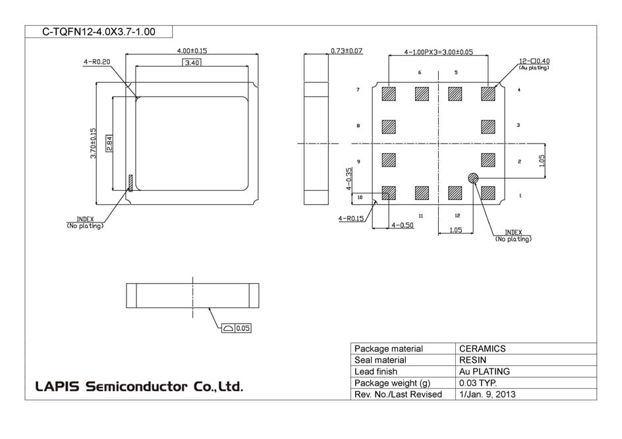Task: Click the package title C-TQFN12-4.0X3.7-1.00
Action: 99,32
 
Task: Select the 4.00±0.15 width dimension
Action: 192,51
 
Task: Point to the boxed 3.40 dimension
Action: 192,63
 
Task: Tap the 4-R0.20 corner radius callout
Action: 96,62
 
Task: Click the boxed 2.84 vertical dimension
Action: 110,143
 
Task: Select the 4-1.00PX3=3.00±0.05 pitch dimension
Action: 439,51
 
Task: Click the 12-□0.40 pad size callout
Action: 534,61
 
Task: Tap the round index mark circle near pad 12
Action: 473,178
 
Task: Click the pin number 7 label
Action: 358,90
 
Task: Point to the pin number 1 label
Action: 520,196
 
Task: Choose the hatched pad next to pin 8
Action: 389,126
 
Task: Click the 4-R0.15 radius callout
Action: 351,219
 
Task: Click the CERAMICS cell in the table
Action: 482,349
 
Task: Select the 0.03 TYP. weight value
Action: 478,383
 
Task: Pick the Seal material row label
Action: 380,360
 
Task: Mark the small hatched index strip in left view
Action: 130,183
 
